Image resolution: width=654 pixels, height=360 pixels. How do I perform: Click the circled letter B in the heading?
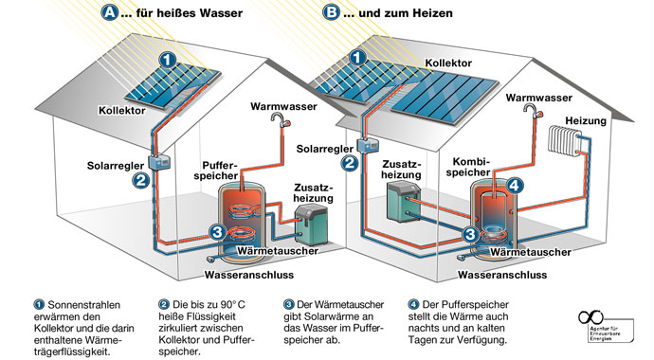[331, 13]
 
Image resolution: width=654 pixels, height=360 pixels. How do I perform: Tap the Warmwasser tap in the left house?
[279, 119]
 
